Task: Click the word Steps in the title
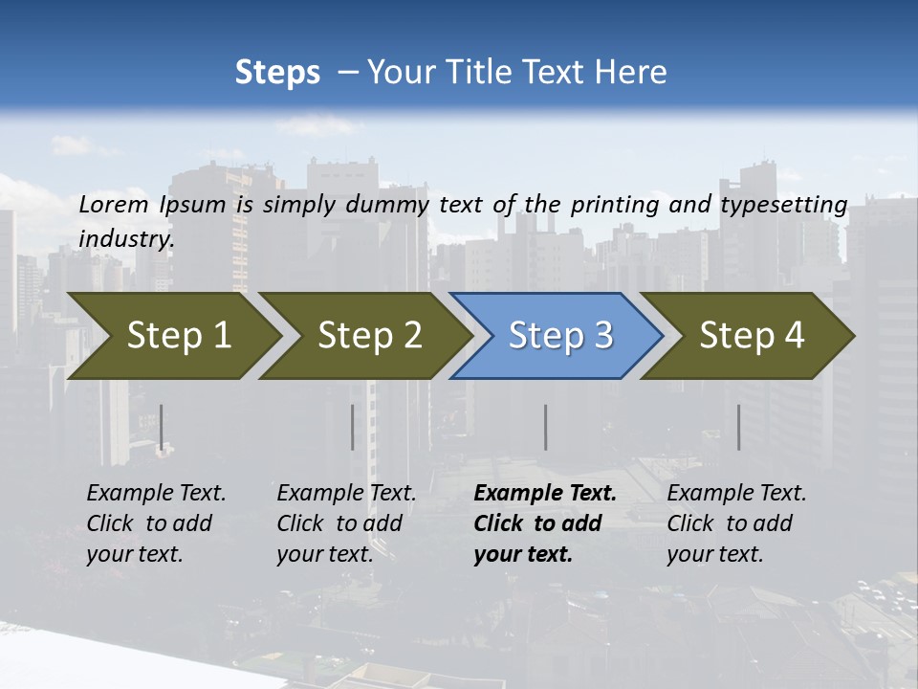(277, 73)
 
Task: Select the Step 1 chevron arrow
(172, 336)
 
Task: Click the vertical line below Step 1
(162, 427)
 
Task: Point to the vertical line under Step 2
(353, 427)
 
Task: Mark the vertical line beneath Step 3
(546, 427)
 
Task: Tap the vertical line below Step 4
(739, 427)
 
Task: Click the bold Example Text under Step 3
(545, 493)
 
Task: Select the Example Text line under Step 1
(156, 493)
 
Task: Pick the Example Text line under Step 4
(736, 493)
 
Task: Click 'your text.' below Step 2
(324, 554)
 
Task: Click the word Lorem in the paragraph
(114, 204)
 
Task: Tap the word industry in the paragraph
(125, 238)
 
